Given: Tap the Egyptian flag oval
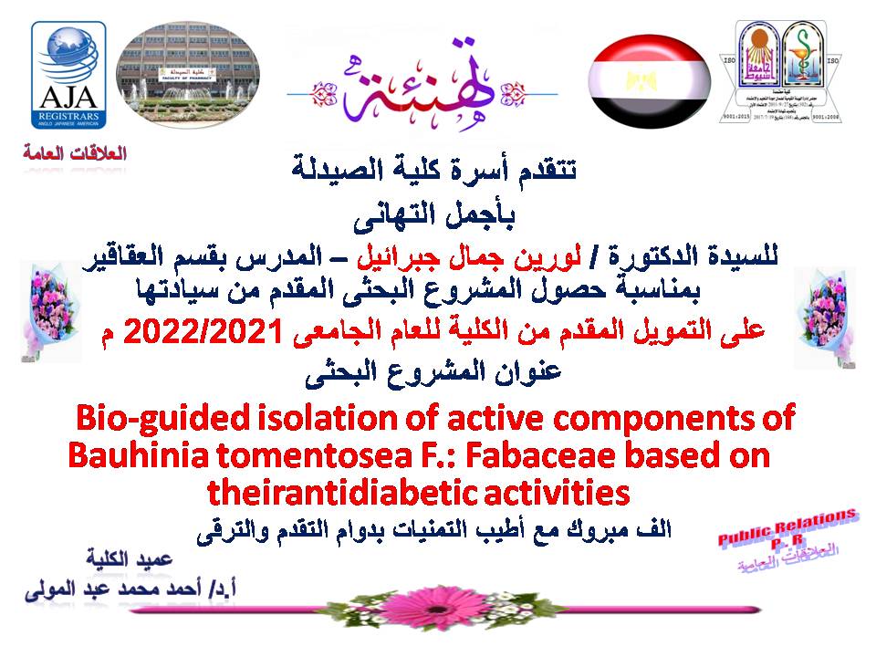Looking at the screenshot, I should pos(649,83).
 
